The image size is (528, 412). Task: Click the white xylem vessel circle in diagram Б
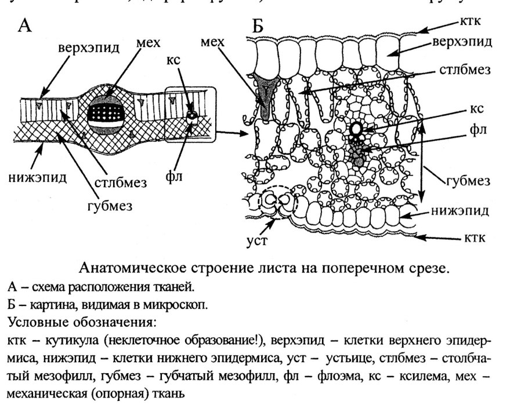pos(356,129)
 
